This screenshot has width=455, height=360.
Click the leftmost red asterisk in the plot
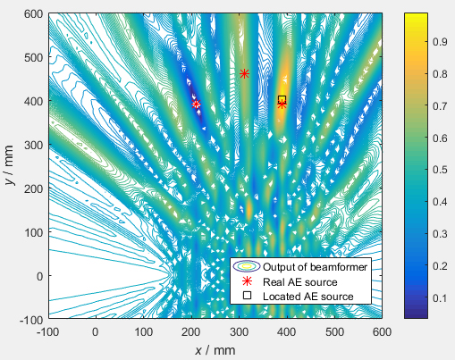coord(196,105)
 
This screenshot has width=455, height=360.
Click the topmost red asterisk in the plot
coord(244,73)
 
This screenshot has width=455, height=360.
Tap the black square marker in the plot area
coord(282,99)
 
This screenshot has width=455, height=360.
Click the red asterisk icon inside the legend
coord(248,281)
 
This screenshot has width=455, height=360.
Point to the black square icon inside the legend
coord(248,296)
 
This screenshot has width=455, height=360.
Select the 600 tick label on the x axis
coord(383,331)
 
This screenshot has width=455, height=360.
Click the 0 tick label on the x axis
coord(96,331)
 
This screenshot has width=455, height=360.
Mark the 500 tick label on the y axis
coord(33,57)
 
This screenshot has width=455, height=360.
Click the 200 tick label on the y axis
coord(33,188)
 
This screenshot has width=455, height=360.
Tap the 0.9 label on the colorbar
coord(418,41)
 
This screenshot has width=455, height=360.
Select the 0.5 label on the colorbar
coord(418,168)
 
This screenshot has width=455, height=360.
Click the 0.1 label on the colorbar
coord(418,295)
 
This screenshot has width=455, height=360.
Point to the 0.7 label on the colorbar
coord(418,105)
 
